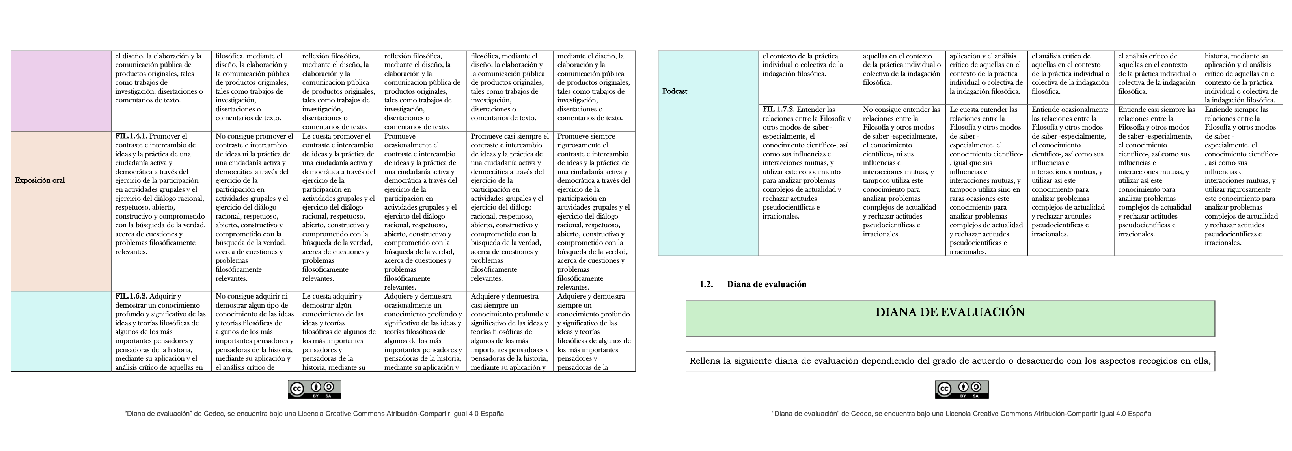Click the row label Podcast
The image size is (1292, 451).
(675, 91)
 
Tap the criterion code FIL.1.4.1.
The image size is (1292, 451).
(131, 136)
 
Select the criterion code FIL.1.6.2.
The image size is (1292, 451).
(131, 296)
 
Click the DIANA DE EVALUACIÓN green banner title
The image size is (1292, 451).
(950, 312)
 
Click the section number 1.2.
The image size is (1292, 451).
(706, 284)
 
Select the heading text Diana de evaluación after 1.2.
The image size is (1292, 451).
(766, 284)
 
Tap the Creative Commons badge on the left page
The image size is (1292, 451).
(315, 390)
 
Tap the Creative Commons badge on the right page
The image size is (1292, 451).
(962, 390)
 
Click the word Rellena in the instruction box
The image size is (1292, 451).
(705, 361)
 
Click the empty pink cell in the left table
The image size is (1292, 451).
(61, 91)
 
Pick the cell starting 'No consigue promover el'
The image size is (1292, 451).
(254, 210)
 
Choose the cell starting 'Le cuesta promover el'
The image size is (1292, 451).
(339, 210)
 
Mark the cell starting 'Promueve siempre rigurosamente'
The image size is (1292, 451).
(594, 210)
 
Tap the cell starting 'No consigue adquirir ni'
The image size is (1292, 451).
(254, 331)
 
